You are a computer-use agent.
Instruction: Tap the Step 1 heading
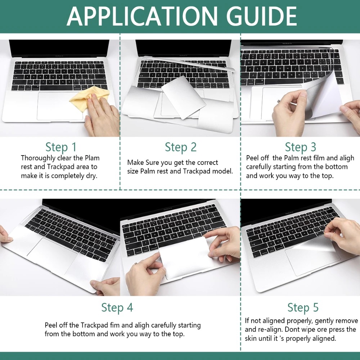61,147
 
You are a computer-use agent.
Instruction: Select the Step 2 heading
181,147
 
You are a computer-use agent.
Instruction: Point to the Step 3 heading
301,147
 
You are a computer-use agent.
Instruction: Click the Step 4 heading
117,307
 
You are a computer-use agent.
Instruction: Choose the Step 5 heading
303,307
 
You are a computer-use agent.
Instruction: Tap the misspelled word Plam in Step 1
93,158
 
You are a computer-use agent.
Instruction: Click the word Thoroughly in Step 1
38,158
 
